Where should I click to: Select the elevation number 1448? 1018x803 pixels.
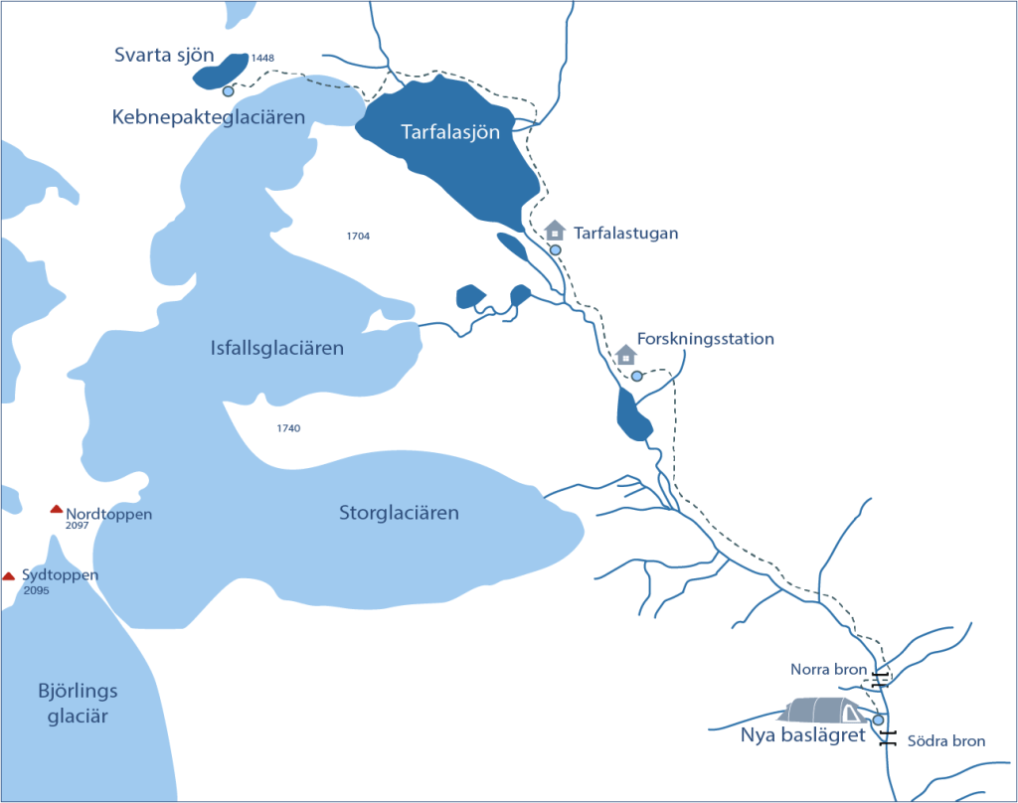(262, 59)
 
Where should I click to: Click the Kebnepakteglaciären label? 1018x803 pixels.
(208, 118)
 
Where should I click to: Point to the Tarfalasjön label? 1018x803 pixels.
(450, 132)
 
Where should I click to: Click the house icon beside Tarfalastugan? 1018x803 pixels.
(555, 231)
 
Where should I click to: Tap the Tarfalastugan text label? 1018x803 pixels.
(626, 234)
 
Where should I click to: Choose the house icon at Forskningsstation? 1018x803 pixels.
(625, 354)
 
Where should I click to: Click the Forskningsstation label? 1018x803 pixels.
(706, 339)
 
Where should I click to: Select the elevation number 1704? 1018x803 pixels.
(358, 237)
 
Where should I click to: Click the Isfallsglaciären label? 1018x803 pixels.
(277, 349)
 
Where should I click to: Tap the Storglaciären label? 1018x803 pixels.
(399, 514)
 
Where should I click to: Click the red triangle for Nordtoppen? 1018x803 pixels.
(57, 510)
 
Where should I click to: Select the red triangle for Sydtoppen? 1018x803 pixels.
(9, 575)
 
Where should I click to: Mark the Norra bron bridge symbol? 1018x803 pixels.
(880, 679)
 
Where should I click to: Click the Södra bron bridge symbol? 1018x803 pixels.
(888, 736)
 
